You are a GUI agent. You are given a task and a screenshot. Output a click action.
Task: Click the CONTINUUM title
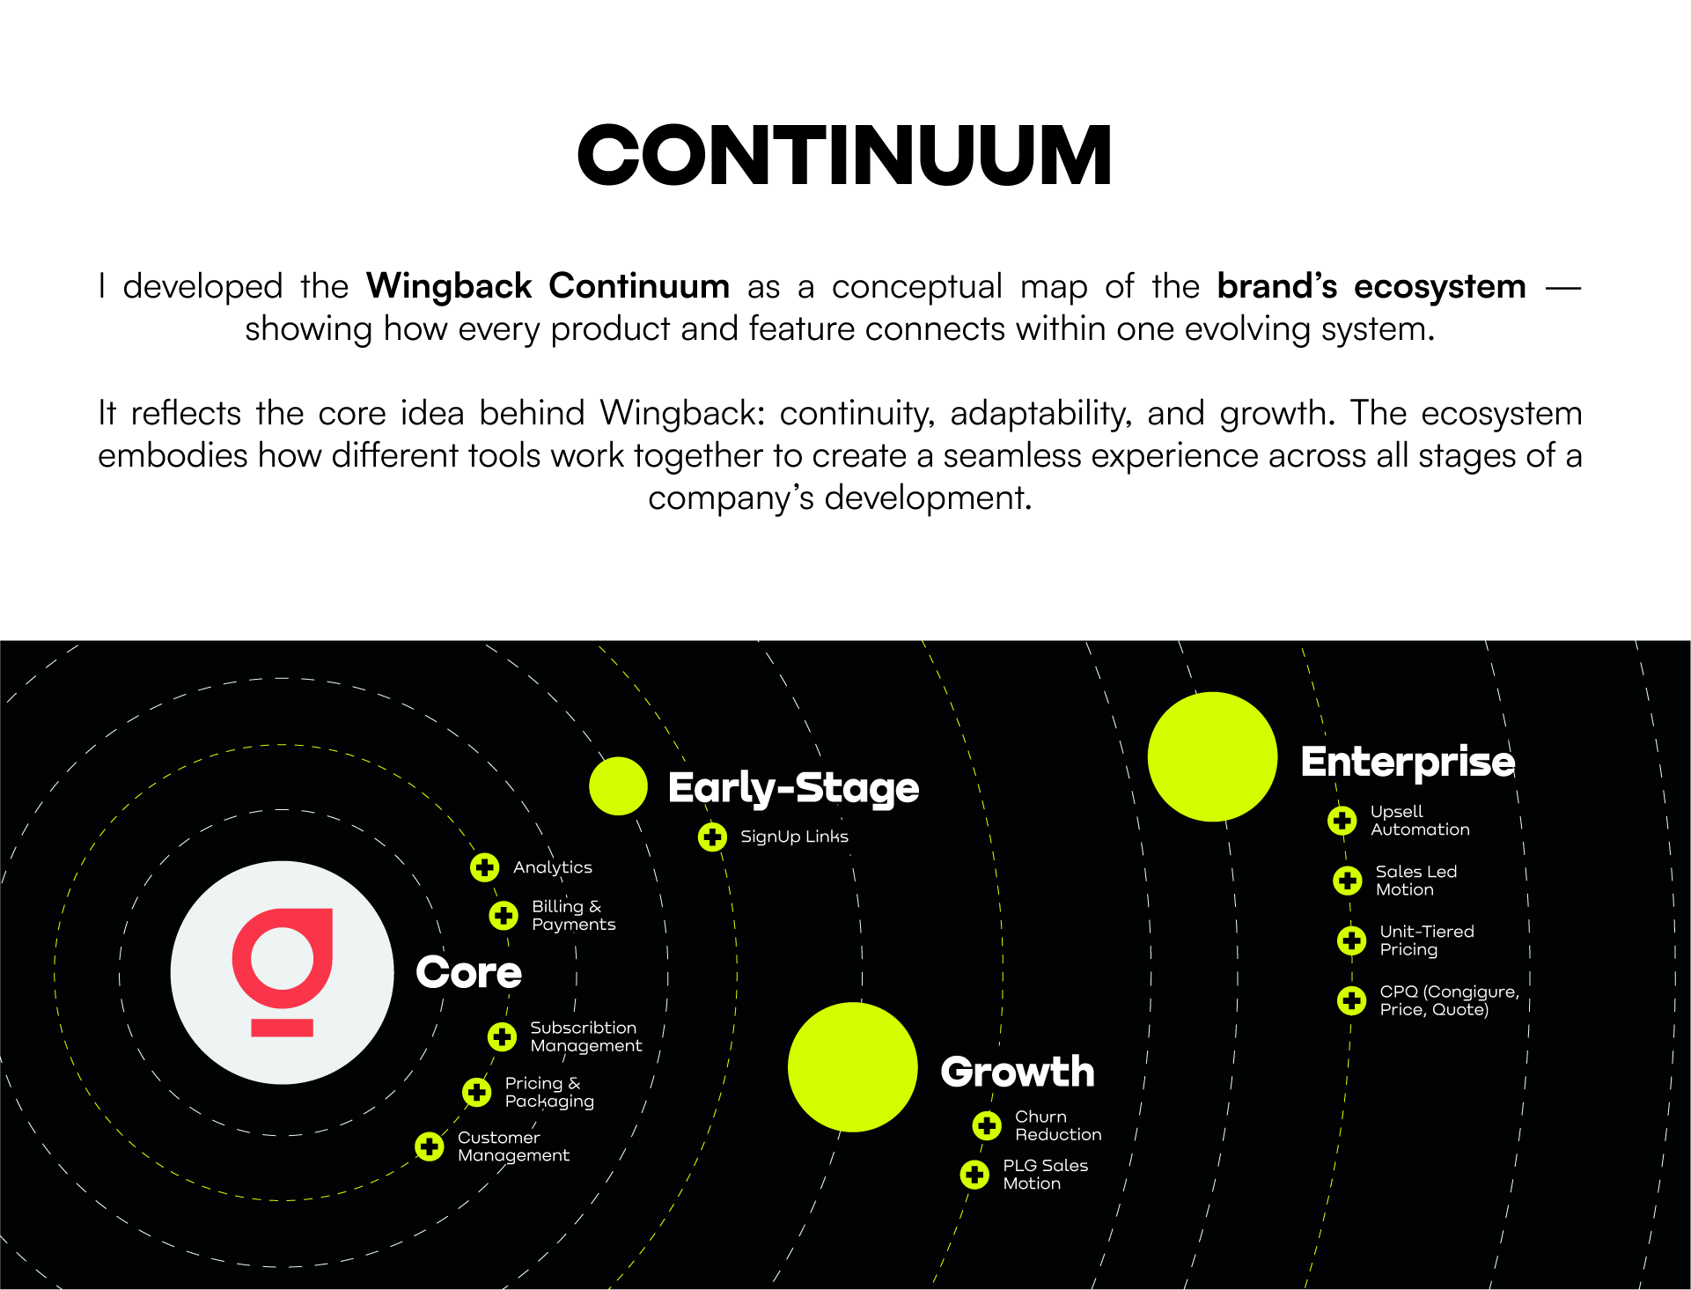click(844, 155)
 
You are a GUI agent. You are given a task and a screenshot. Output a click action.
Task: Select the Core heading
click(468, 972)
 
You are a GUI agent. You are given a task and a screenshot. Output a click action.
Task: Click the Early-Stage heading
click(793, 787)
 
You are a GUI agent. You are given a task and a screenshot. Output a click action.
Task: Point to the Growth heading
click(1017, 1072)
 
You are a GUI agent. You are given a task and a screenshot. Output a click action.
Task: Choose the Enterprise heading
click(1408, 762)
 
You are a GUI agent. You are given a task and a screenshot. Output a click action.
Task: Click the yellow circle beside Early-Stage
click(618, 785)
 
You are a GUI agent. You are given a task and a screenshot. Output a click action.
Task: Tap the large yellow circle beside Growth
click(852, 1067)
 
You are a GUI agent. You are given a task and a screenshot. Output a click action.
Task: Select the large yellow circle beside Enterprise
click(1212, 756)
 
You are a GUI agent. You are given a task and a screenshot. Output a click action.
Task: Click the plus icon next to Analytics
click(484, 867)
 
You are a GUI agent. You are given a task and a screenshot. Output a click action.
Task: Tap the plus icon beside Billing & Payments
click(504, 916)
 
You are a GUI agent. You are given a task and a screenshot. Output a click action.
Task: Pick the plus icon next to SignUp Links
click(712, 837)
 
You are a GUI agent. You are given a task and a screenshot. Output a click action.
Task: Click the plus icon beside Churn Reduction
click(987, 1125)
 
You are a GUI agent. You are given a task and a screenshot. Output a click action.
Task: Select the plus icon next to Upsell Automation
click(1342, 821)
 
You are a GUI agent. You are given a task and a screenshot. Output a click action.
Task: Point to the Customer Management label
click(513, 1146)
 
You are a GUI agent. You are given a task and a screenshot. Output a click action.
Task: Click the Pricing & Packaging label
click(549, 1092)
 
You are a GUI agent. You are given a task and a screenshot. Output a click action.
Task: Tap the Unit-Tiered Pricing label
click(1426, 940)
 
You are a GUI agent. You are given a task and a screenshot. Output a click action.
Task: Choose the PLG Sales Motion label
click(1045, 1175)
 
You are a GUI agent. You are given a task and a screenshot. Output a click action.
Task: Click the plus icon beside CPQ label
click(1352, 1000)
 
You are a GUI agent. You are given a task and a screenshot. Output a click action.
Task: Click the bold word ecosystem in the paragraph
click(1439, 287)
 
